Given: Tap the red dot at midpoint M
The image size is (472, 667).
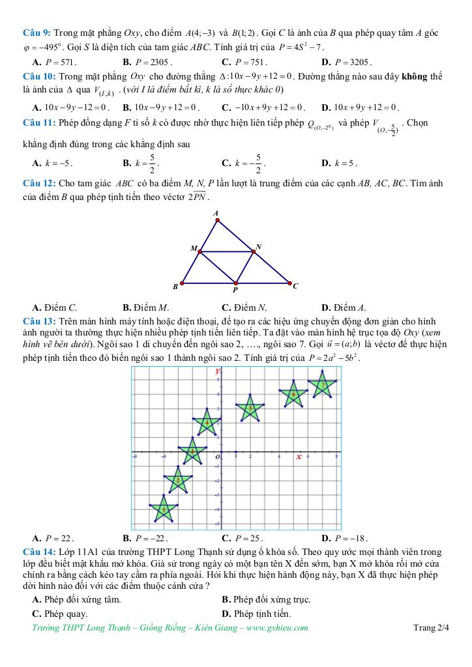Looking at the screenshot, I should pos(199,251).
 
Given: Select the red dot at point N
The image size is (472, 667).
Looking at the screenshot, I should pos(253,251).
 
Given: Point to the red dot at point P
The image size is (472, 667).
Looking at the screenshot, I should pos(236,283).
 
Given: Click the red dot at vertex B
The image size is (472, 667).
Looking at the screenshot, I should pos(183,283).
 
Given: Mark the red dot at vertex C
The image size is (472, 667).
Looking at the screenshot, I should pos(289,283).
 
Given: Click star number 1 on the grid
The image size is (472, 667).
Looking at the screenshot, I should pos(163,509).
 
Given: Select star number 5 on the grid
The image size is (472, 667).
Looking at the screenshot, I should pos(249,408).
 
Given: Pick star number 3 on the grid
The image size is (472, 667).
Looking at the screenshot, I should pos(192,450).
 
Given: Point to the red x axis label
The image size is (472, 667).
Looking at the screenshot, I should pos(299,457).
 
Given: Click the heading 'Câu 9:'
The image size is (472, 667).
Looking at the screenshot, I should pos(37,32).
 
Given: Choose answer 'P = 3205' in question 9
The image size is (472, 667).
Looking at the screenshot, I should pos(352,63).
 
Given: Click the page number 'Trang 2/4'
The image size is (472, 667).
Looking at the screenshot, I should pos(431,628).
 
